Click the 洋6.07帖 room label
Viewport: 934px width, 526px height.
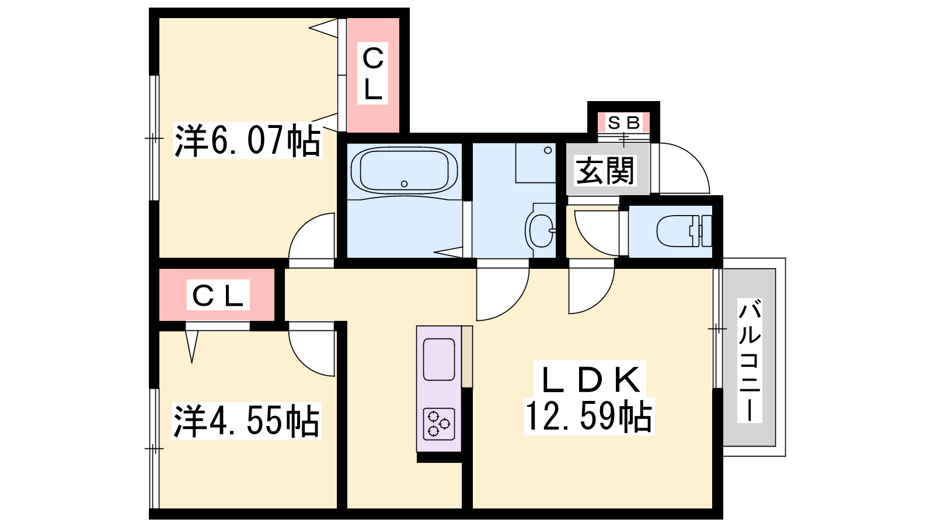248,140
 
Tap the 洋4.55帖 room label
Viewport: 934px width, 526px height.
246,421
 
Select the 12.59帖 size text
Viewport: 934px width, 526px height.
588,416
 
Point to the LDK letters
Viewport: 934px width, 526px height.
591,379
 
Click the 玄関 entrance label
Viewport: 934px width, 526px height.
605,170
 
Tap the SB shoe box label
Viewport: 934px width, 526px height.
623,123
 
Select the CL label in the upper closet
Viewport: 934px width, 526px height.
372,74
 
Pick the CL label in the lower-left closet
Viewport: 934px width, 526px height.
218,295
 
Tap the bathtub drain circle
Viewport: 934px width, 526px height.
404,184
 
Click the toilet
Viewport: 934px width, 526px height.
684,230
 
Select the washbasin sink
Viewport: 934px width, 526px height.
540,230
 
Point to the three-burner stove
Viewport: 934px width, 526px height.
438,424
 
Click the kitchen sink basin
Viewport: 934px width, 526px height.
438,359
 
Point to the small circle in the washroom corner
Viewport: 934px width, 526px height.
548,150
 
